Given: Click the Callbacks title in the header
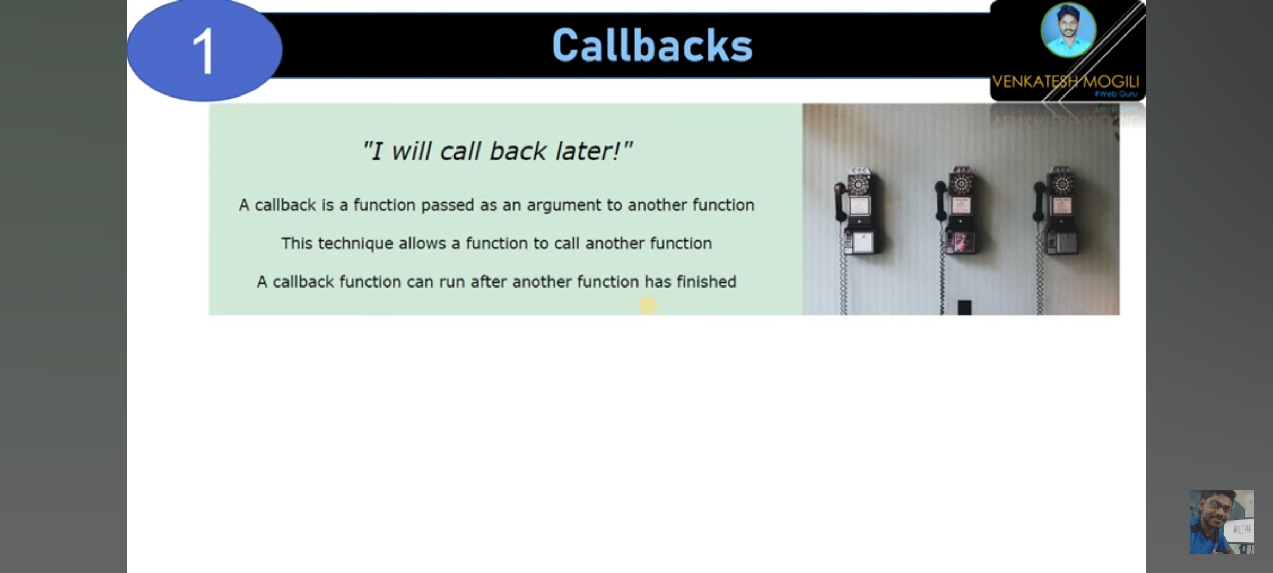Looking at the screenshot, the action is click(652, 46).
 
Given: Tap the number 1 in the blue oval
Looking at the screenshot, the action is click(204, 51).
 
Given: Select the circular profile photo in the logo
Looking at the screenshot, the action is click(1068, 30).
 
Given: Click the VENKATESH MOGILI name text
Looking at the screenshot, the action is click(1065, 82).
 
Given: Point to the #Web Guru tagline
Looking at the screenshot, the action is click(1117, 94).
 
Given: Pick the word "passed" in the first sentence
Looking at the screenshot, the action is click(448, 205).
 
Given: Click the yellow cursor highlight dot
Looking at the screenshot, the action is click(648, 305).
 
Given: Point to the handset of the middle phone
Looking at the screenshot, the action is click(940, 201).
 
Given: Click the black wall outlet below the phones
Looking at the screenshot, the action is click(964, 307).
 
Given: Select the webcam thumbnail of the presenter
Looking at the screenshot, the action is click(1222, 522).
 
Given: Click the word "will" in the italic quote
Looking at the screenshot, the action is click(411, 151).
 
